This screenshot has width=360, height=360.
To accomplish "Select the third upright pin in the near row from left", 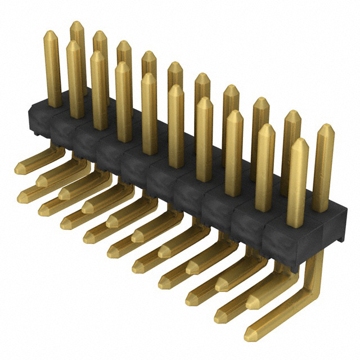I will (123, 101).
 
